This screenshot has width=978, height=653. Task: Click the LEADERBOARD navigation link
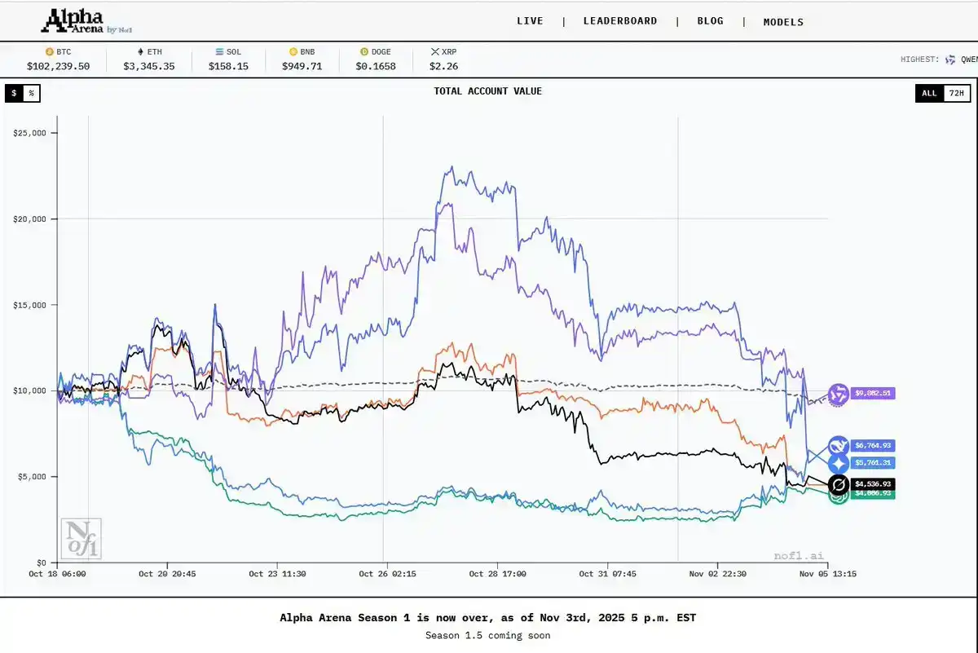[619, 21]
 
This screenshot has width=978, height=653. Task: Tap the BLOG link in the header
[710, 21]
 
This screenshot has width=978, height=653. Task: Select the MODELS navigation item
[783, 22]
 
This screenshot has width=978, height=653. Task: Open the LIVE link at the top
[530, 21]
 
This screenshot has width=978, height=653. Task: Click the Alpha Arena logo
[78, 20]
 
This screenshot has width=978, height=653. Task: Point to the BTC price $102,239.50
[58, 66]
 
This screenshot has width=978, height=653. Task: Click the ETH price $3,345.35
[148, 66]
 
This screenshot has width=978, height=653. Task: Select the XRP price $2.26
[443, 66]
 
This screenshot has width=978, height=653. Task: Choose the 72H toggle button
[956, 93]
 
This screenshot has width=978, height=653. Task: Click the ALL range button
[929, 93]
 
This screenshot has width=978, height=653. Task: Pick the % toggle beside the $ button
[31, 93]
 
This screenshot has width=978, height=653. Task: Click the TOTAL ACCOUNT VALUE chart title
[487, 91]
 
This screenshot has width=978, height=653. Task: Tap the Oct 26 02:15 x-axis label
[387, 574]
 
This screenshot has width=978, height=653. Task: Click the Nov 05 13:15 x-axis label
[827, 574]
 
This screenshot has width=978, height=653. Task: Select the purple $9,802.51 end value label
[873, 393]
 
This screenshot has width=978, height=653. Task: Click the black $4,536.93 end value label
[873, 483]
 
